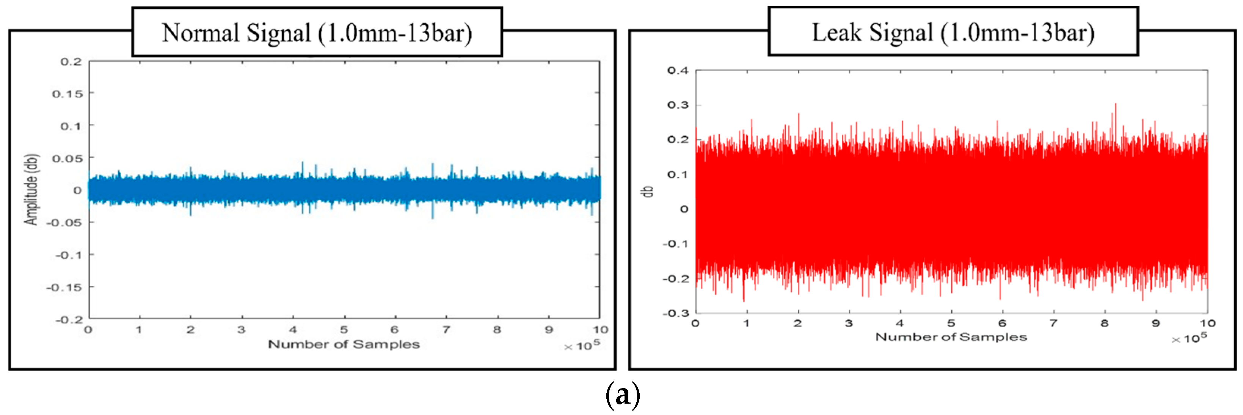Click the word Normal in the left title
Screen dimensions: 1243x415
click(x=200, y=33)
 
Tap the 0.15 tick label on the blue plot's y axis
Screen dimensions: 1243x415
click(x=67, y=94)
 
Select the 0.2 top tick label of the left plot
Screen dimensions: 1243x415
click(x=71, y=62)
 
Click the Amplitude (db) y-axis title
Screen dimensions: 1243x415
click(x=32, y=189)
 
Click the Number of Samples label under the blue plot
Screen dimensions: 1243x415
click(x=344, y=344)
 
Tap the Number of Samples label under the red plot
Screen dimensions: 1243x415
click(x=951, y=337)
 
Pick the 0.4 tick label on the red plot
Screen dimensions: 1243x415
click(x=678, y=71)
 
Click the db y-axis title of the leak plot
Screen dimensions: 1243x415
click(x=649, y=191)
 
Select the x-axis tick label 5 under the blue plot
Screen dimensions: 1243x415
click(x=344, y=330)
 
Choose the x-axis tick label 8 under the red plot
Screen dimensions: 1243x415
click(x=1105, y=323)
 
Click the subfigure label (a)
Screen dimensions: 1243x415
click(x=623, y=395)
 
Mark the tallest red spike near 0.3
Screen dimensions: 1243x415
click(x=1115, y=104)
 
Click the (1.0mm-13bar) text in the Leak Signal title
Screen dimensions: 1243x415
click(x=1018, y=33)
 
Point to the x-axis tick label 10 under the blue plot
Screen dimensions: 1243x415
click(x=601, y=330)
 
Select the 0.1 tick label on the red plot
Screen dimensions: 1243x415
click(x=678, y=175)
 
